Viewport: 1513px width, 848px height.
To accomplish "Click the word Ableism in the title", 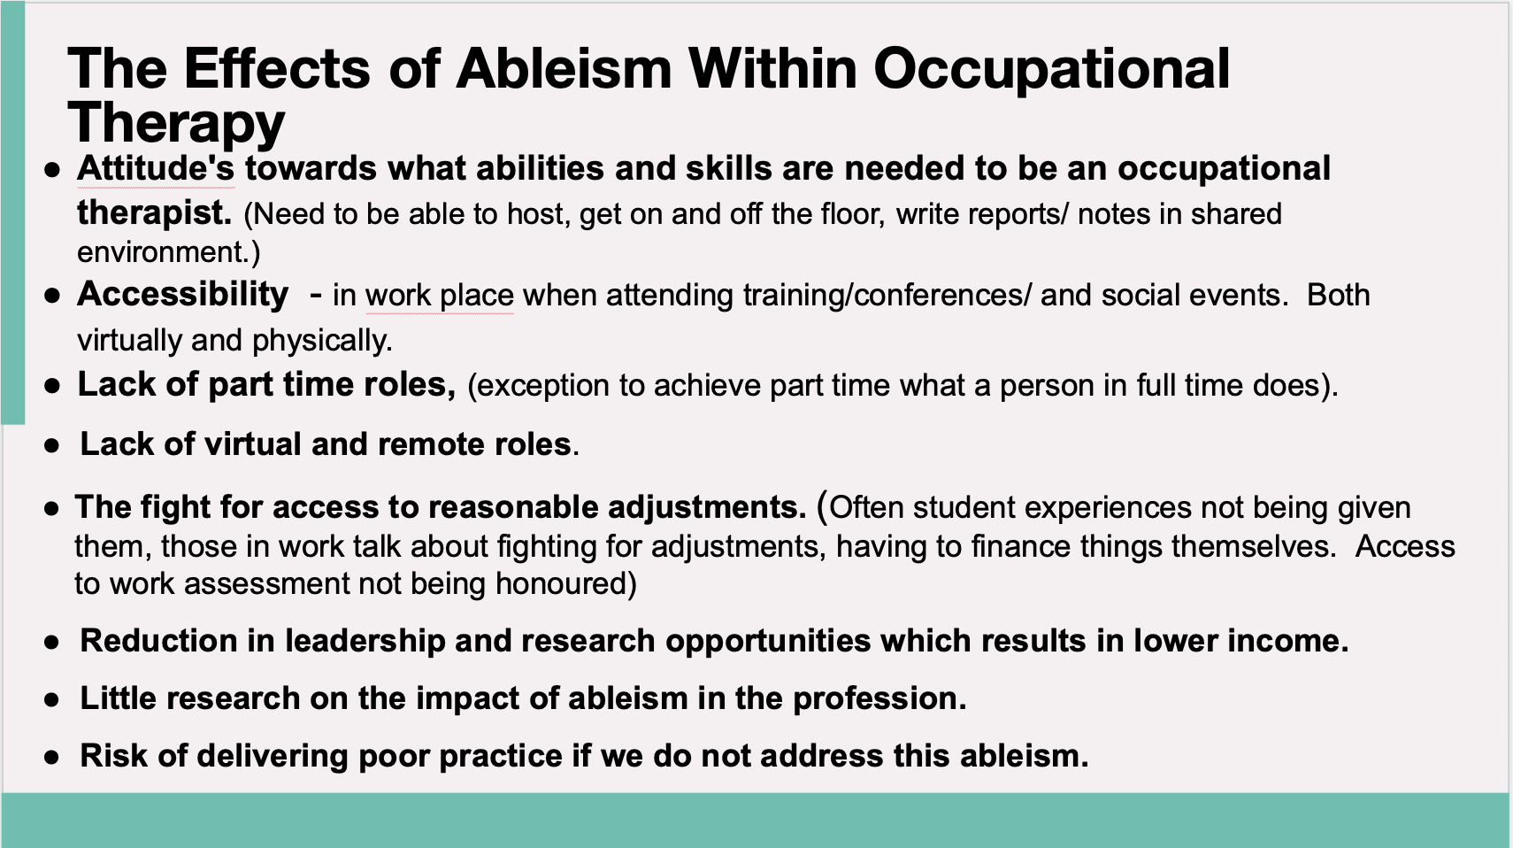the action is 564,68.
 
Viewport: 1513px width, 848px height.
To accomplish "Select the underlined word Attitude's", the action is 156,167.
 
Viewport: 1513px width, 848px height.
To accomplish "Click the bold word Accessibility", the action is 182,294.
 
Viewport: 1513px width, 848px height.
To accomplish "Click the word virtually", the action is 129,341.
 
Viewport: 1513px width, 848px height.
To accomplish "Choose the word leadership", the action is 365,641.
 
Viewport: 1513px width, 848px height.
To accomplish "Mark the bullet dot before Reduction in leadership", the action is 51,642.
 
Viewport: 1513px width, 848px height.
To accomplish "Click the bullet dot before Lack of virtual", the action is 51,445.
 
